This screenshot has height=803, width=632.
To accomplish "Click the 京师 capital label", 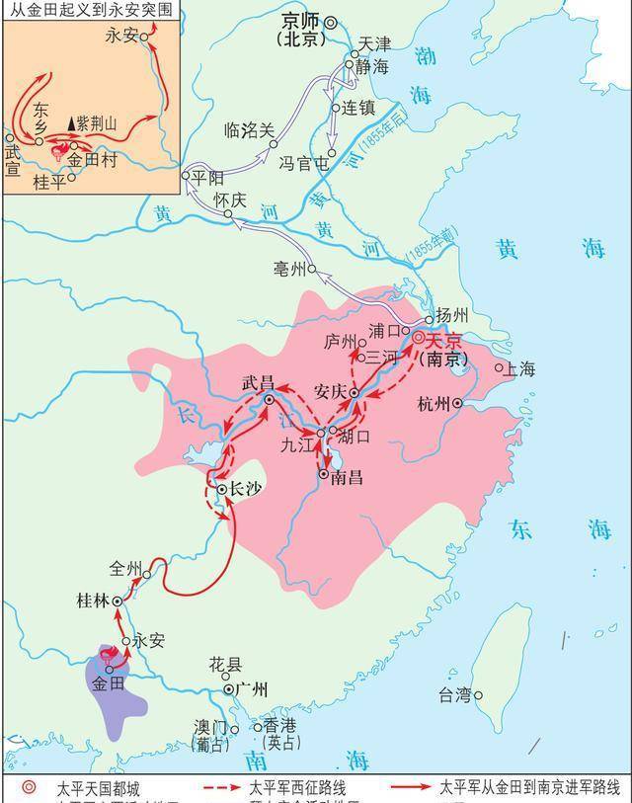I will click(300, 21).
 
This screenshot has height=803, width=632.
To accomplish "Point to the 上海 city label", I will click(519, 369).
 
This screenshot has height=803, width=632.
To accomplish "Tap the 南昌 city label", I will click(347, 477).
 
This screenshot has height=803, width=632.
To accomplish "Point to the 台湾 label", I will click(454, 695).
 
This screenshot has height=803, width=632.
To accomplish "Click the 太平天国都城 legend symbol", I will click(31, 788).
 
